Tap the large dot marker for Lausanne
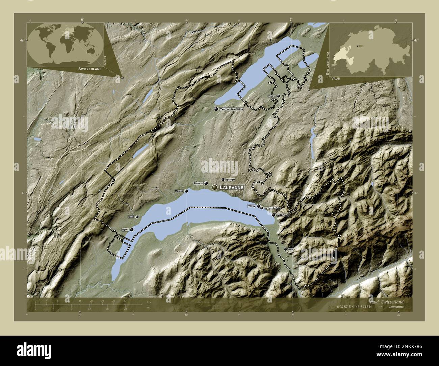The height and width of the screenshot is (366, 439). (214, 187)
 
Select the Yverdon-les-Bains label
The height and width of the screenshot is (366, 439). (231, 109)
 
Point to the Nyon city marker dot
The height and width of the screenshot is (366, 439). (132, 230)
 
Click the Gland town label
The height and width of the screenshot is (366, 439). (131, 217)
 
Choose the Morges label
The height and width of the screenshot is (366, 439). (179, 191)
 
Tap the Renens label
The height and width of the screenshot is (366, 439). (198, 183)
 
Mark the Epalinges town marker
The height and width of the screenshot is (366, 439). (223, 180)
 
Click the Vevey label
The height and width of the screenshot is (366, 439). (251, 206)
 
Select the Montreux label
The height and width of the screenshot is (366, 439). (283, 215)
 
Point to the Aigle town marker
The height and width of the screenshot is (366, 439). (286, 249)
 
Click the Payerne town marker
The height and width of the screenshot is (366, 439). (279, 96)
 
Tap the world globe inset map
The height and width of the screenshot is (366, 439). (66, 44)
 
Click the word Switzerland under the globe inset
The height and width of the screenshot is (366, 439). (90, 69)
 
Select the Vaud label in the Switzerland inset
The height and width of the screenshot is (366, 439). (336, 78)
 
